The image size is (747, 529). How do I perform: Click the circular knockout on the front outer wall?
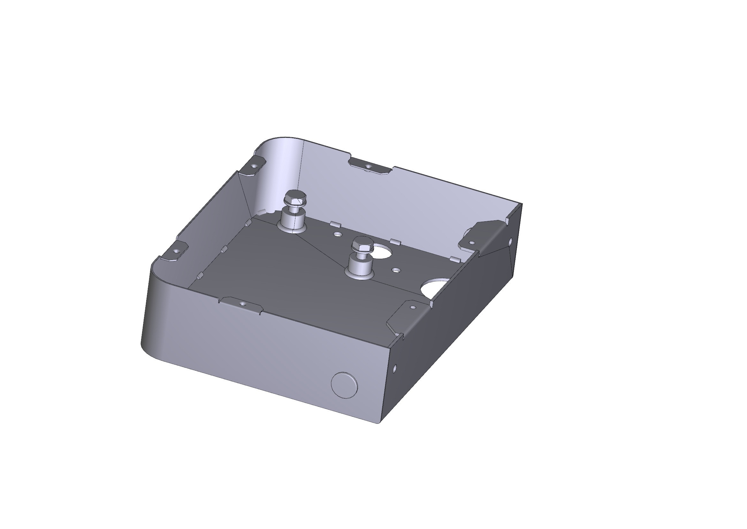coord(344,385)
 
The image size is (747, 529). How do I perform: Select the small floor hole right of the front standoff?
coord(396,270)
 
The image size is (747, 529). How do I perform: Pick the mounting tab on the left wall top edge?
coord(175,252)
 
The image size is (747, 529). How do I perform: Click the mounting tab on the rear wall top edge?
coord(369,166)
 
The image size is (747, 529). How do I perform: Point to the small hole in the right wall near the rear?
coord(510,241)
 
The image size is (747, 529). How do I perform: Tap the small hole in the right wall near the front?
coord(395,369)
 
